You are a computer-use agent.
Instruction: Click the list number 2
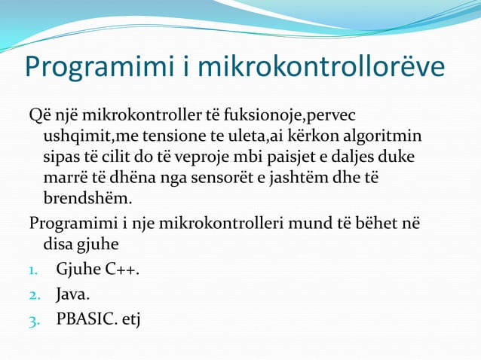(35, 294)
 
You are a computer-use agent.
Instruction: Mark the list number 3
(35, 319)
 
